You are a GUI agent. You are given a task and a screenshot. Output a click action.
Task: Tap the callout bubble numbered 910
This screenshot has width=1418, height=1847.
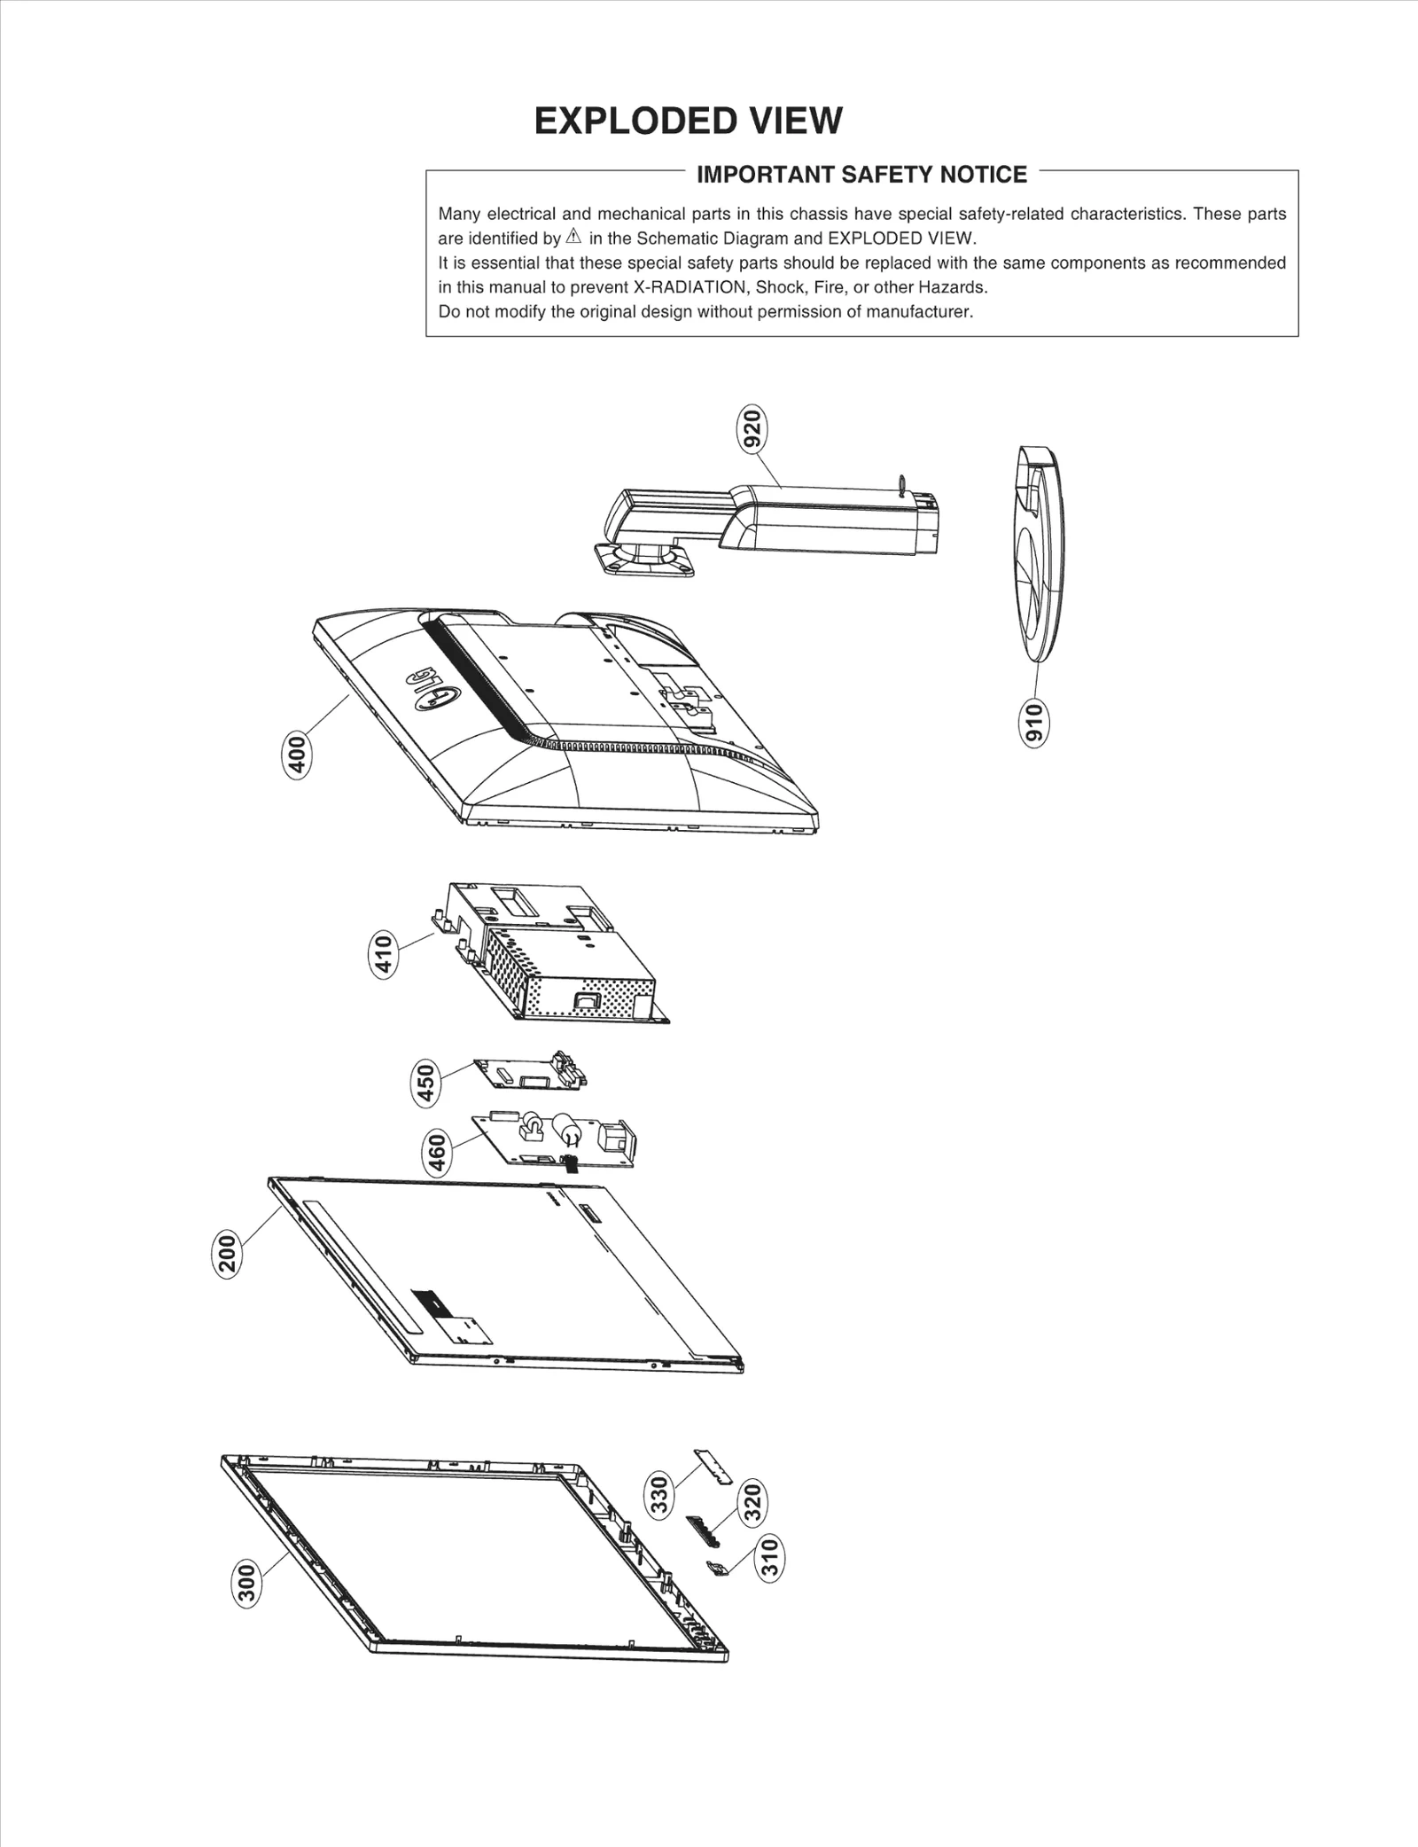(1034, 723)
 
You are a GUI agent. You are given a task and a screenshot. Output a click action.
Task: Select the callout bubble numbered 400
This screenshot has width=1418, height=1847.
(298, 755)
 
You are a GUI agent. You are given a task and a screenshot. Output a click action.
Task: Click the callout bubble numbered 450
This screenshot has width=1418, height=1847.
(426, 1084)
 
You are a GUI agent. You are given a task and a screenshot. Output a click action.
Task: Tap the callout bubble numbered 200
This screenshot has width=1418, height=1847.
(228, 1254)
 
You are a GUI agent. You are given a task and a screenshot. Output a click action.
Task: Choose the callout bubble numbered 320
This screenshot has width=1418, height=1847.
(752, 1502)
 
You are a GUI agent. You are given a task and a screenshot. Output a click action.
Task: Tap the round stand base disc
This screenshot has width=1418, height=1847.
(1041, 554)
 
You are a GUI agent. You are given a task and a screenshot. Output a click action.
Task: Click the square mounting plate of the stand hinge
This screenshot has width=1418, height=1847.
(644, 560)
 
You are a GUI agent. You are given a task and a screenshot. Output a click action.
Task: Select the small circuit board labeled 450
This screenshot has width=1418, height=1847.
(529, 1074)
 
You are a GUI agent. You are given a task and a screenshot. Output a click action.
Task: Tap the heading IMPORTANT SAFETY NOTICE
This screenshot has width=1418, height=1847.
(861, 175)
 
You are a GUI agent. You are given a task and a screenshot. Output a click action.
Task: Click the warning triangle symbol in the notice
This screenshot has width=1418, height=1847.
(573, 237)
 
